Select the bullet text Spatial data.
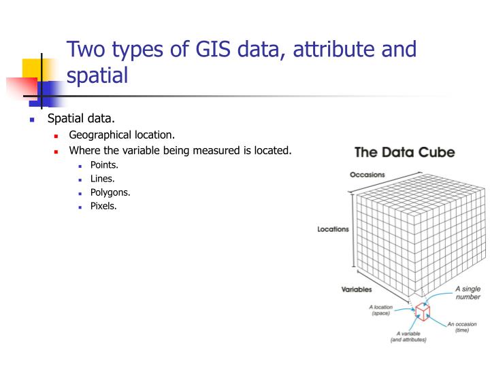click(81, 119)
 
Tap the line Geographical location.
click(122, 135)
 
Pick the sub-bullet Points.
click(104, 165)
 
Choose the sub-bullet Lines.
click(102, 179)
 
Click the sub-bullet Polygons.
click(110, 192)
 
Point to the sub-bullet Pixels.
click(103, 206)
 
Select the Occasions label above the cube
click(367, 175)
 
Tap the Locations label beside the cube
click(333, 229)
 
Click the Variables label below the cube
click(356, 290)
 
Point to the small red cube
click(423, 311)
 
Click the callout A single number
click(468, 293)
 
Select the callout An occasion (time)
click(461, 328)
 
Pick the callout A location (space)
click(380, 310)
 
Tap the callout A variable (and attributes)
click(408, 337)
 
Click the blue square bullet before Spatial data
click(31, 120)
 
